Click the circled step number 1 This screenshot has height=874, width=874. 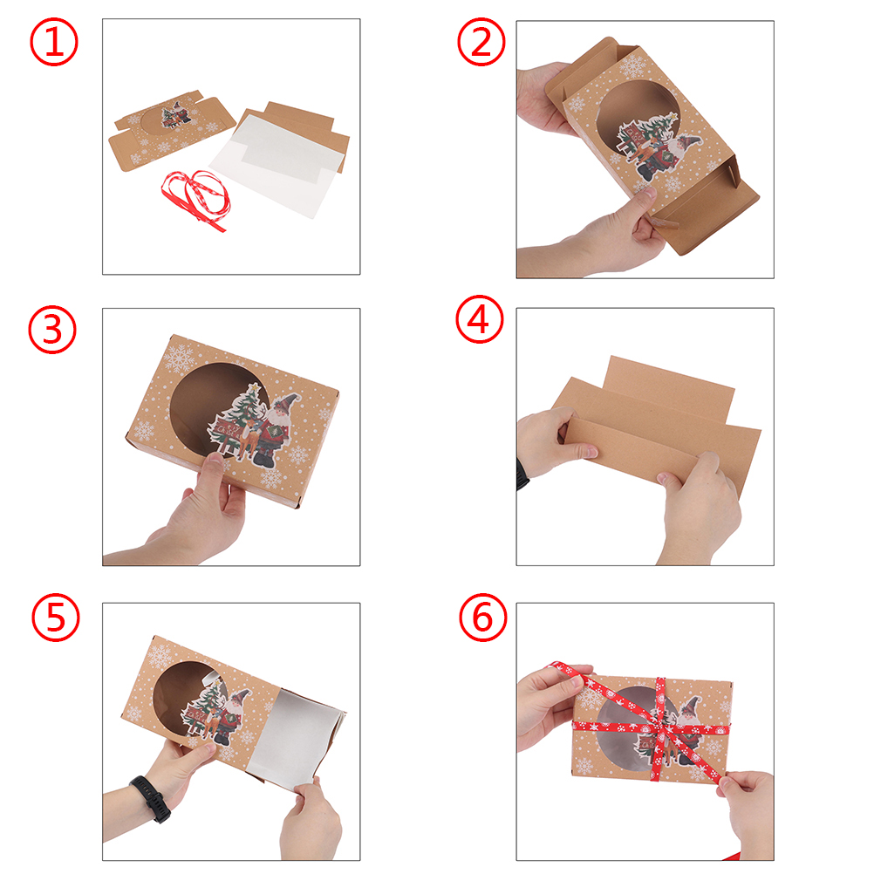pos(53,42)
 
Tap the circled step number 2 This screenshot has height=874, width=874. pos(481,42)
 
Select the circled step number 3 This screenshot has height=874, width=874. pos(51,330)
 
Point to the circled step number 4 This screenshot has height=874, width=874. pos(480,319)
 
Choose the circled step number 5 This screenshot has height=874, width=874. pos(55,618)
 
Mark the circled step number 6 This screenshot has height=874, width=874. pos(482,618)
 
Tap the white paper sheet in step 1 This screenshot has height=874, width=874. pos(274,161)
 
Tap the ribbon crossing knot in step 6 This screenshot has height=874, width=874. pos(661,727)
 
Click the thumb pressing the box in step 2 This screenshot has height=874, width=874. pos(642,200)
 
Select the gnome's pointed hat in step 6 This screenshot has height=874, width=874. pos(691,705)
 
